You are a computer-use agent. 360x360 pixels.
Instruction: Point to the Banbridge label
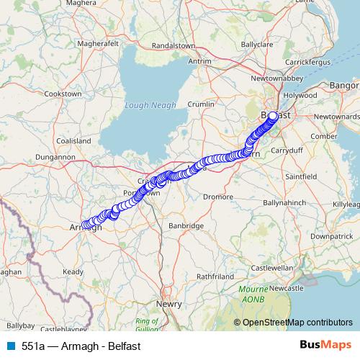[186, 225]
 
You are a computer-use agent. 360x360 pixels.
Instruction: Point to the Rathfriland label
[217, 276]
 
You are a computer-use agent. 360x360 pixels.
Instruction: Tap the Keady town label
[73, 271]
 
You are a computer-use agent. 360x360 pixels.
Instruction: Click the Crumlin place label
[202, 104]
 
